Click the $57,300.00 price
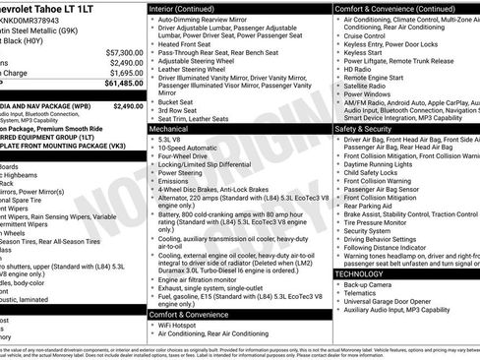point(121,51)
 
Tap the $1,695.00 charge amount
point(124,73)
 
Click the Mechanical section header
point(172,129)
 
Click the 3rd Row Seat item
point(180,109)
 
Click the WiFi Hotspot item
point(184,323)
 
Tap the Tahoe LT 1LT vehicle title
point(59,9)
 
